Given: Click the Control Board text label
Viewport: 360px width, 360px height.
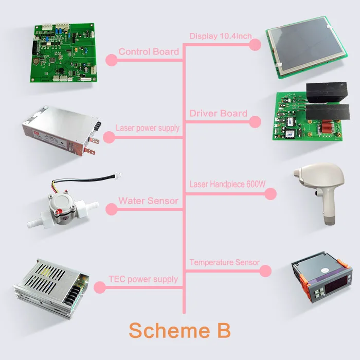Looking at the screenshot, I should [x=149, y=51].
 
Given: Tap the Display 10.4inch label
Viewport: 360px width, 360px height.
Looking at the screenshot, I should [x=220, y=36].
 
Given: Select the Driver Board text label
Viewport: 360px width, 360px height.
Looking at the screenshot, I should [x=218, y=113].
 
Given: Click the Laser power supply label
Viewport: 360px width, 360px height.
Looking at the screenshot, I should [x=148, y=128].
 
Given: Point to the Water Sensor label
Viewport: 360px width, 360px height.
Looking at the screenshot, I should [x=148, y=201].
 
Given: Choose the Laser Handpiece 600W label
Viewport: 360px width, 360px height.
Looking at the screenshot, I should [x=224, y=184].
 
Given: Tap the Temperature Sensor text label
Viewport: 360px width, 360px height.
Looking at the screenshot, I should [x=224, y=262].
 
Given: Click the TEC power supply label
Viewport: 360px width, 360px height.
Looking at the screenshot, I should [x=143, y=279].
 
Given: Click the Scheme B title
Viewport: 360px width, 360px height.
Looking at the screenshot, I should [x=179, y=330].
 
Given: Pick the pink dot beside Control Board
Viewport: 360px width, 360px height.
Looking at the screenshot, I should [x=111, y=60].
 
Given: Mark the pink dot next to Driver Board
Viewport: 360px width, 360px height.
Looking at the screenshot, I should [x=255, y=121].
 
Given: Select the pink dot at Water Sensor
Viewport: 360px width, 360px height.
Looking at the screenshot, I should [x=111, y=209].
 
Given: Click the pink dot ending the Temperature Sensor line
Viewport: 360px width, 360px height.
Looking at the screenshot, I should [x=265, y=271].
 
